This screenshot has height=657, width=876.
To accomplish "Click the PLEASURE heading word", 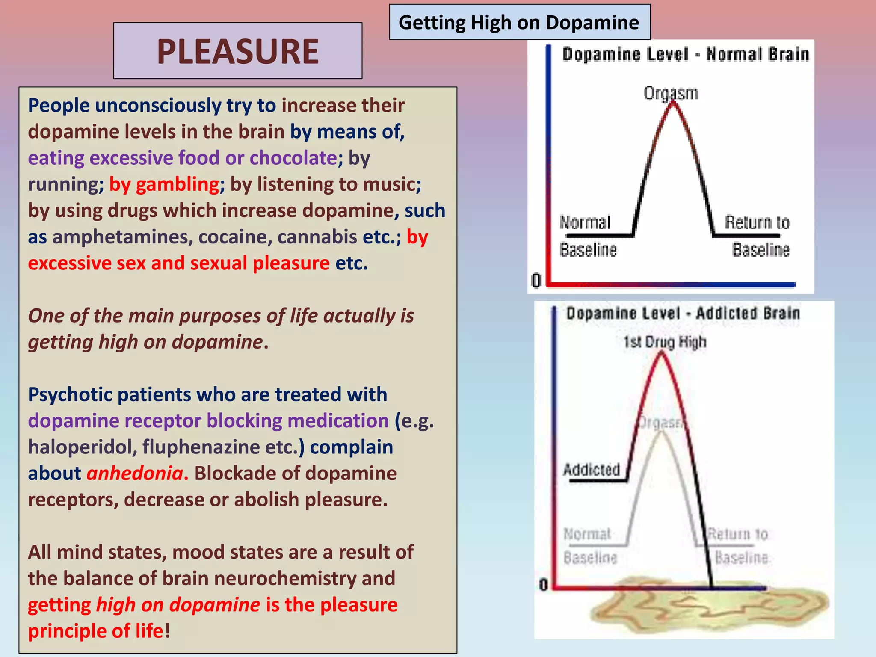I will pos(237,51).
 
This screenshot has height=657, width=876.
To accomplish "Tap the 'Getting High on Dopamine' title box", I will pos(519,22).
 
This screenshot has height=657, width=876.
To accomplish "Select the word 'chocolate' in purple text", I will pos(293,158).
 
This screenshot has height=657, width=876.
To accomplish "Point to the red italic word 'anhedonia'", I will pos(135,474).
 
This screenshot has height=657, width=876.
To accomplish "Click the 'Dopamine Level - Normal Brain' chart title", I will pos(686,55).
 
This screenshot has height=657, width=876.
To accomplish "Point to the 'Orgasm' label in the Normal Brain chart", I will pos(671,93).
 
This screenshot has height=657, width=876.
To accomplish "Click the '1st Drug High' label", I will pos(665,342).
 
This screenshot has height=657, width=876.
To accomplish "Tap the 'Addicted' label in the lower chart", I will pos(592,470).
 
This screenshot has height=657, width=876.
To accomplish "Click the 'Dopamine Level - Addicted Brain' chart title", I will pos(683,314).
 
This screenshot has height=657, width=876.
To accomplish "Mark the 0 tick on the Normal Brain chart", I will pos(536,281).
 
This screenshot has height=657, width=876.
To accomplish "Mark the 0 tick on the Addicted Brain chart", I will pos(543,584).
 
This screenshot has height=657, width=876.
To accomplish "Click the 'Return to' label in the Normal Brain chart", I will pos(757,222).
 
